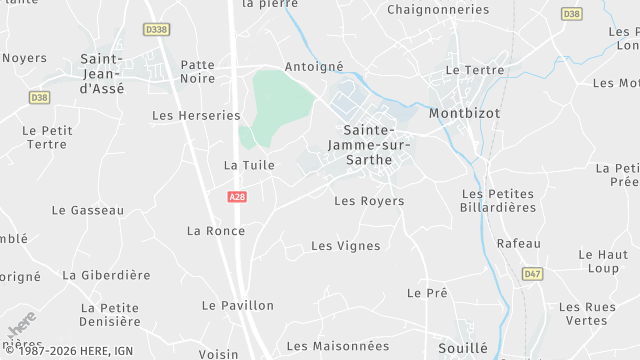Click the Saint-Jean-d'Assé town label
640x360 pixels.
101,73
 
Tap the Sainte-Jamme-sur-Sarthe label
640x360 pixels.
370,145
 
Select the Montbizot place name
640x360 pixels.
463,114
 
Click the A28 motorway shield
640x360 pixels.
237,197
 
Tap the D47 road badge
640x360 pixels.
531,273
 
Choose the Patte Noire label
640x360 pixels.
197,71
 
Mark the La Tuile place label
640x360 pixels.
242,165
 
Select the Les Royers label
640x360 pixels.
369,201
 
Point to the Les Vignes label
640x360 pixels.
346,246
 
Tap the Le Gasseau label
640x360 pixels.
88,211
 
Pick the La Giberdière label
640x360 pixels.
106,275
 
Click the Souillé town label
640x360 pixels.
463,348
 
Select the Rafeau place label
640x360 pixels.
518,244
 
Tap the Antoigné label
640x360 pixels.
314,67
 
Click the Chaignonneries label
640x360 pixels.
438,10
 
